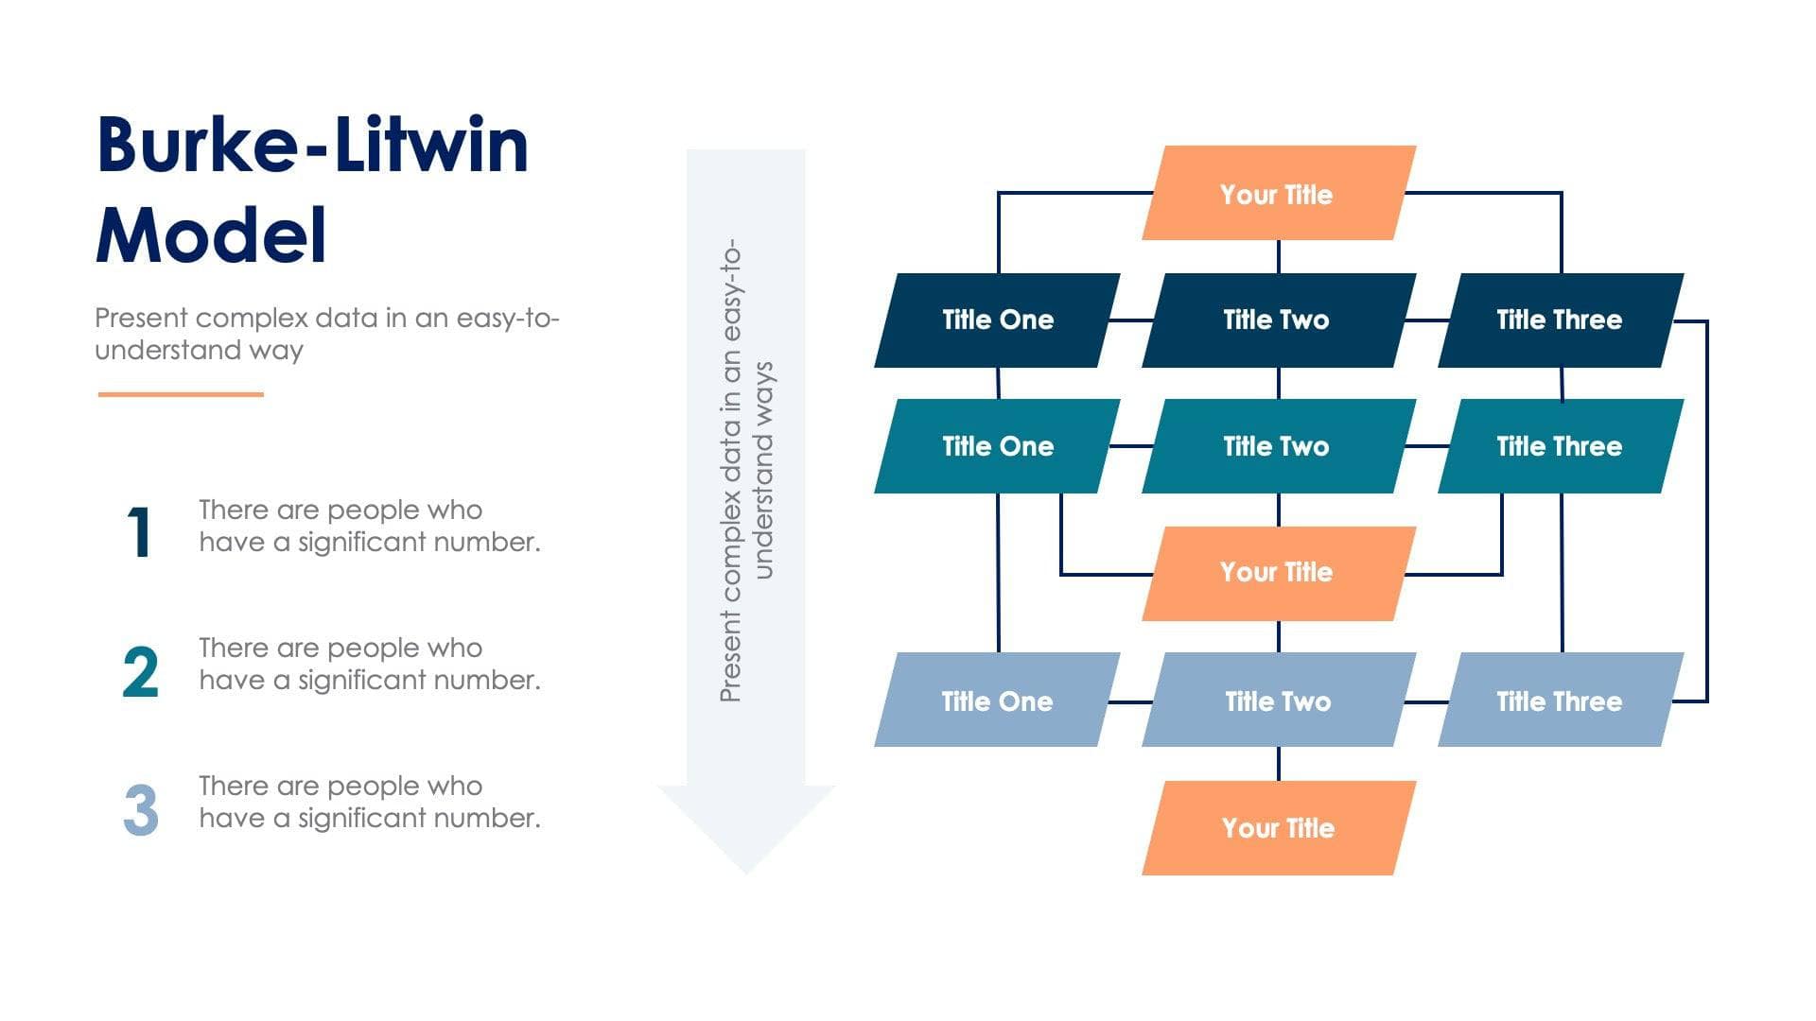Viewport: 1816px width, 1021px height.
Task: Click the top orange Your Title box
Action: pos(1278,193)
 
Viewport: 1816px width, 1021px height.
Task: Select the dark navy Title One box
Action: pos(997,320)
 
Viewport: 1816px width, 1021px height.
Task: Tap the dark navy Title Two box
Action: pos(1278,320)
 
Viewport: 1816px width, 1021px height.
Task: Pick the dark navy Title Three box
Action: pos(1560,320)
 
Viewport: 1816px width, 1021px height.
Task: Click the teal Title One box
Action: pos(997,445)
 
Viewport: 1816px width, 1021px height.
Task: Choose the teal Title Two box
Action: pos(1278,445)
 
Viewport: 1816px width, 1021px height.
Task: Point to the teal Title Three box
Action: pos(1560,445)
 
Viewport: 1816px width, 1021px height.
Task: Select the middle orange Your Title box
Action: pos(1278,572)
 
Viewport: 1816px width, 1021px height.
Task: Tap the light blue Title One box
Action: pos(997,701)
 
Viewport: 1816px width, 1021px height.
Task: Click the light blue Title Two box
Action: pos(1278,701)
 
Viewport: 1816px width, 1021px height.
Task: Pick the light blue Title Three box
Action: pos(1560,701)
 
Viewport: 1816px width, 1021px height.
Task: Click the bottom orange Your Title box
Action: pos(1278,827)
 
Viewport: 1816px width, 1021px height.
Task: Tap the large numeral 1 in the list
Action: pos(140,532)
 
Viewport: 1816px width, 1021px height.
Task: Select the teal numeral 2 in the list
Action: pos(140,672)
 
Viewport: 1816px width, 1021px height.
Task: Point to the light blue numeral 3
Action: pos(140,810)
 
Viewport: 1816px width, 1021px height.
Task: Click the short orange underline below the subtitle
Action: pos(181,394)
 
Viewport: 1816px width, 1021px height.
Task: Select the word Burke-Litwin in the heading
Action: pos(312,146)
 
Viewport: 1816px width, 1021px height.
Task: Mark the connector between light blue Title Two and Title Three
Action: pos(1425,701)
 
